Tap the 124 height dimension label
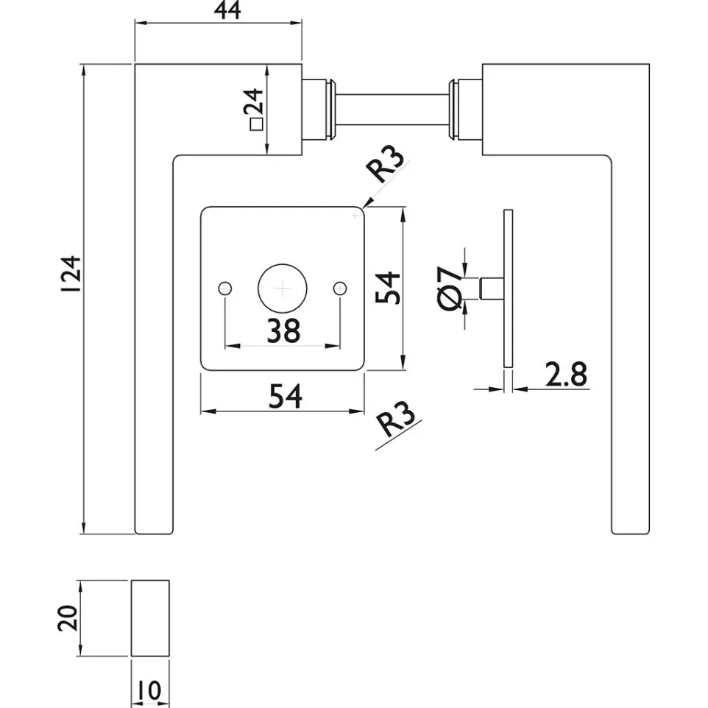point(71,274)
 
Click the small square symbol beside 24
point(256,124)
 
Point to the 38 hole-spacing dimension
point(283,330)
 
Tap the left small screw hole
point(225,288)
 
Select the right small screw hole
point(340,288)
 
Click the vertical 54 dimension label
point(387,288)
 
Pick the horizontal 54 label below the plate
point(286,396)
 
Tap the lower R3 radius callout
point(396,420)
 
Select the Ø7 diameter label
point(450,288)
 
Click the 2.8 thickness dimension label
point(566,375)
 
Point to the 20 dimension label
point(68,618)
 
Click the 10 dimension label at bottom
point(149,690)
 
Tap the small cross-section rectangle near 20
point(150,618)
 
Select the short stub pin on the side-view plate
point(492,288)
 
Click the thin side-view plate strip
point(508,288)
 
